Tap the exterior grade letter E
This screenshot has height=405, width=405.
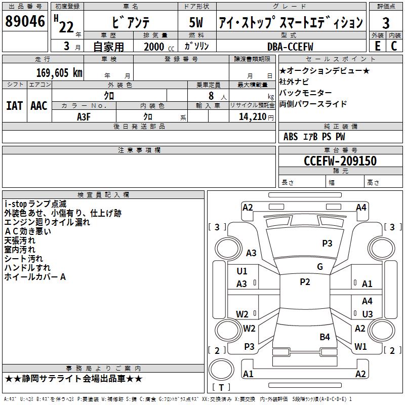pos(377,46)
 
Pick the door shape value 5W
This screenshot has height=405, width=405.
pos(196,23)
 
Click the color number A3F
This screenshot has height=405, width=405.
pos(84,116)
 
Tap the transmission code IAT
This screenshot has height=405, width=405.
pos(14,106)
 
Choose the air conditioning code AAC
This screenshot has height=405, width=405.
pos(39,106)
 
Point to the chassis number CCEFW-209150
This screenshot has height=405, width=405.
pos(340,161)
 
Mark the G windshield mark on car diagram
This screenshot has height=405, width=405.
pos(320,267)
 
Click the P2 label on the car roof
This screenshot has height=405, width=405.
pos(305,282)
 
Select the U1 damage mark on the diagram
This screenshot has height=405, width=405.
pos(242,271)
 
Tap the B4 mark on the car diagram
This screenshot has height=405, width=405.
pos(325,337)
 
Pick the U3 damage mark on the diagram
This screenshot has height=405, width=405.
pos(367,314)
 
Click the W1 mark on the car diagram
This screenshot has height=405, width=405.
pos(360,347)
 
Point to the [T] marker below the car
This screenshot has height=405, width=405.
pos(221,387)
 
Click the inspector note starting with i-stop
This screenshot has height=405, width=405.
pos(35,204)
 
